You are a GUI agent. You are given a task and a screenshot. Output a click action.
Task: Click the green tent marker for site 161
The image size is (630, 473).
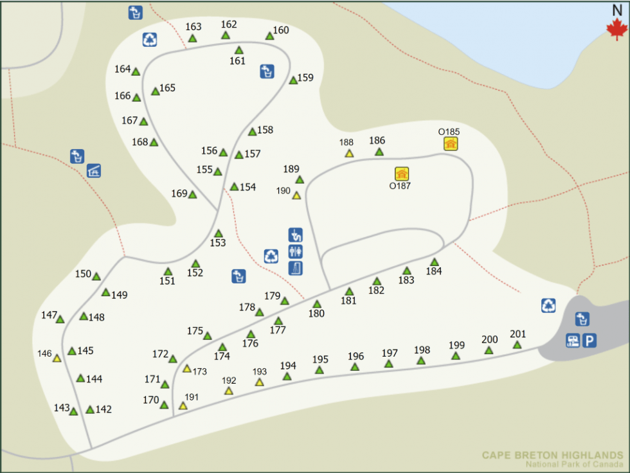tap(239, 50)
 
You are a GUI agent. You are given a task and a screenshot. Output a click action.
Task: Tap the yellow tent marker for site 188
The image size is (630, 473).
tap(349, 154)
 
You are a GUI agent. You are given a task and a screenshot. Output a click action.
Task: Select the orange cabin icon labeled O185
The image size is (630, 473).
tap(451, 144)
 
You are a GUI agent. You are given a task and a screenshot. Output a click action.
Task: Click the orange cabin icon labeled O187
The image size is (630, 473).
tap(402, 174)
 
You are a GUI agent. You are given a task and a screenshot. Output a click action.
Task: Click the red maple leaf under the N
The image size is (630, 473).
tap(616, 29)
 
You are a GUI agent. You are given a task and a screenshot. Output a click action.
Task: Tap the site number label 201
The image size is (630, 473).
tap(518, 334)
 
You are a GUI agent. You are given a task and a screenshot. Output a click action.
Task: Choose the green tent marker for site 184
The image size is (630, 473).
tap(435, 262)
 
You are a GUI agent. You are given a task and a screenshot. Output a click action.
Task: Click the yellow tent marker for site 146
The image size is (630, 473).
tap(57, 359)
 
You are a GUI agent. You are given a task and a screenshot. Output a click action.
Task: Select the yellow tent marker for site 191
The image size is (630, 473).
tap(183, 406)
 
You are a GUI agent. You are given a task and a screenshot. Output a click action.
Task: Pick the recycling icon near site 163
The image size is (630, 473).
tap(150, 40)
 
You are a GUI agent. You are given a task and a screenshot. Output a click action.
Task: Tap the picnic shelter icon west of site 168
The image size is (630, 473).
tap(94, 171)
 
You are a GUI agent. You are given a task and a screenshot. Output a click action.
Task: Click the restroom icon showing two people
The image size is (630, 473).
tap(296, 251)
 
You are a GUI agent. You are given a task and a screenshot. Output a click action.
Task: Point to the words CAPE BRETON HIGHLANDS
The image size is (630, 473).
tap(552, 456)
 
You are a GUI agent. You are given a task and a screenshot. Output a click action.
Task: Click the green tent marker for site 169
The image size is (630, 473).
tap(192, 195)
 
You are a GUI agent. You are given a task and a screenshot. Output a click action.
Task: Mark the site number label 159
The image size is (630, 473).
tap(305, 78)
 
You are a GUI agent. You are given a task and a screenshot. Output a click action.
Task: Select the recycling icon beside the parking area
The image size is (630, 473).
tap(548, 305)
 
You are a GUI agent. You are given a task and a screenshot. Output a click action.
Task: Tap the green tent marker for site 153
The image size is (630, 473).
tap(219, 234)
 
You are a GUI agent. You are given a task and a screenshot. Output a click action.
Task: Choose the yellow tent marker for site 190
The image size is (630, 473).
tap(296, 195)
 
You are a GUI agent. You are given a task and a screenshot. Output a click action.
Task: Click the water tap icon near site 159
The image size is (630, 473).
tap(267, 71)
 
